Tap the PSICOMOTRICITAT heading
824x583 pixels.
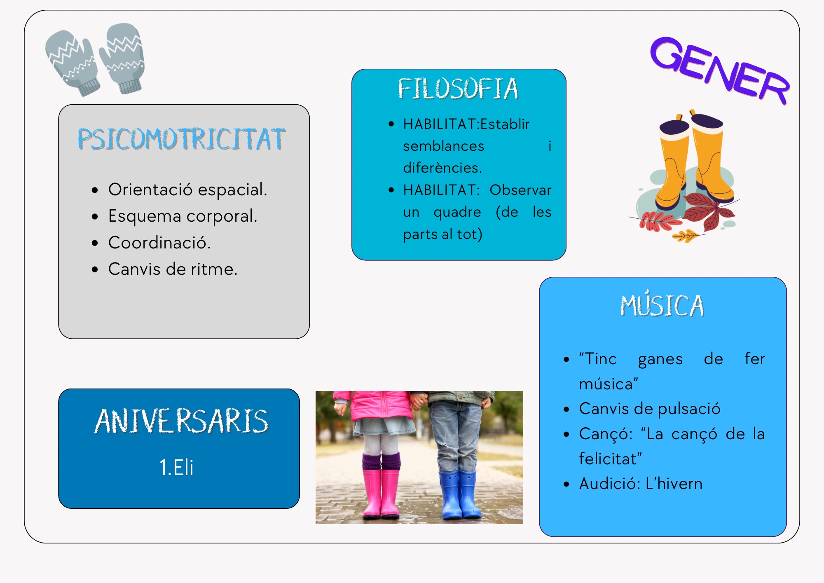[x=182, y=139]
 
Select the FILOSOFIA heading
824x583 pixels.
[x=458, y=89]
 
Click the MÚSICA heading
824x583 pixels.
[x=662, y=304]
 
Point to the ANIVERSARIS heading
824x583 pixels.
[x=181, y=421]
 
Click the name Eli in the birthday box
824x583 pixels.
[x=183, y=467]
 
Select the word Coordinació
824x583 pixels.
[x=159, y=243]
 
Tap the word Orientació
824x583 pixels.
[x=150, y=190]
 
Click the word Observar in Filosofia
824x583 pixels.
[x=520, y=190]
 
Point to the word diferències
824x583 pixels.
[x=442, y=168]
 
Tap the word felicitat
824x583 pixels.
[x=610, y=459]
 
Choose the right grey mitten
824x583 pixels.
[x=122, y=58]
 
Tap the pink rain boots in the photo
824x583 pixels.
[x=381, y=486]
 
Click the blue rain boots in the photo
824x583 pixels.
[x=459, y=494]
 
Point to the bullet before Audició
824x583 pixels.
[x=566, y=484]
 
